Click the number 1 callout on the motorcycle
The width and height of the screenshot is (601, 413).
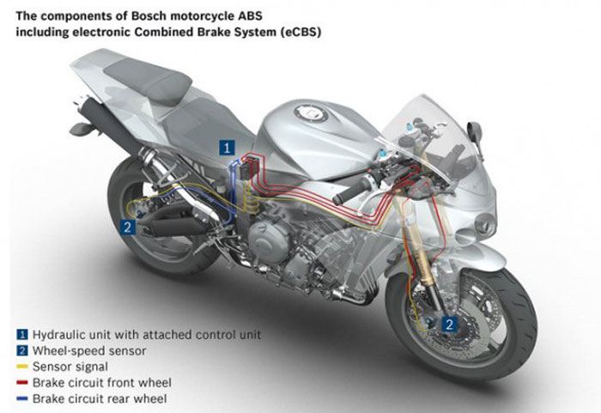[228, 147]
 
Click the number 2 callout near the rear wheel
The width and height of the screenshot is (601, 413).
[127, 228]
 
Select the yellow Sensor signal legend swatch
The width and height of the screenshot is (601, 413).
[21, 365]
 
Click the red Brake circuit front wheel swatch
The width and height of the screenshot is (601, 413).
[21, 381]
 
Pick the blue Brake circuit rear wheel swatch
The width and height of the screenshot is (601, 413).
[21, 398]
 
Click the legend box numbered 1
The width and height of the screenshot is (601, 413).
[21, 333]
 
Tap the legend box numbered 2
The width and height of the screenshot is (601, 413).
[21, 349]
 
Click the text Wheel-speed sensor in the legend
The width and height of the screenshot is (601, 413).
[82, 349]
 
